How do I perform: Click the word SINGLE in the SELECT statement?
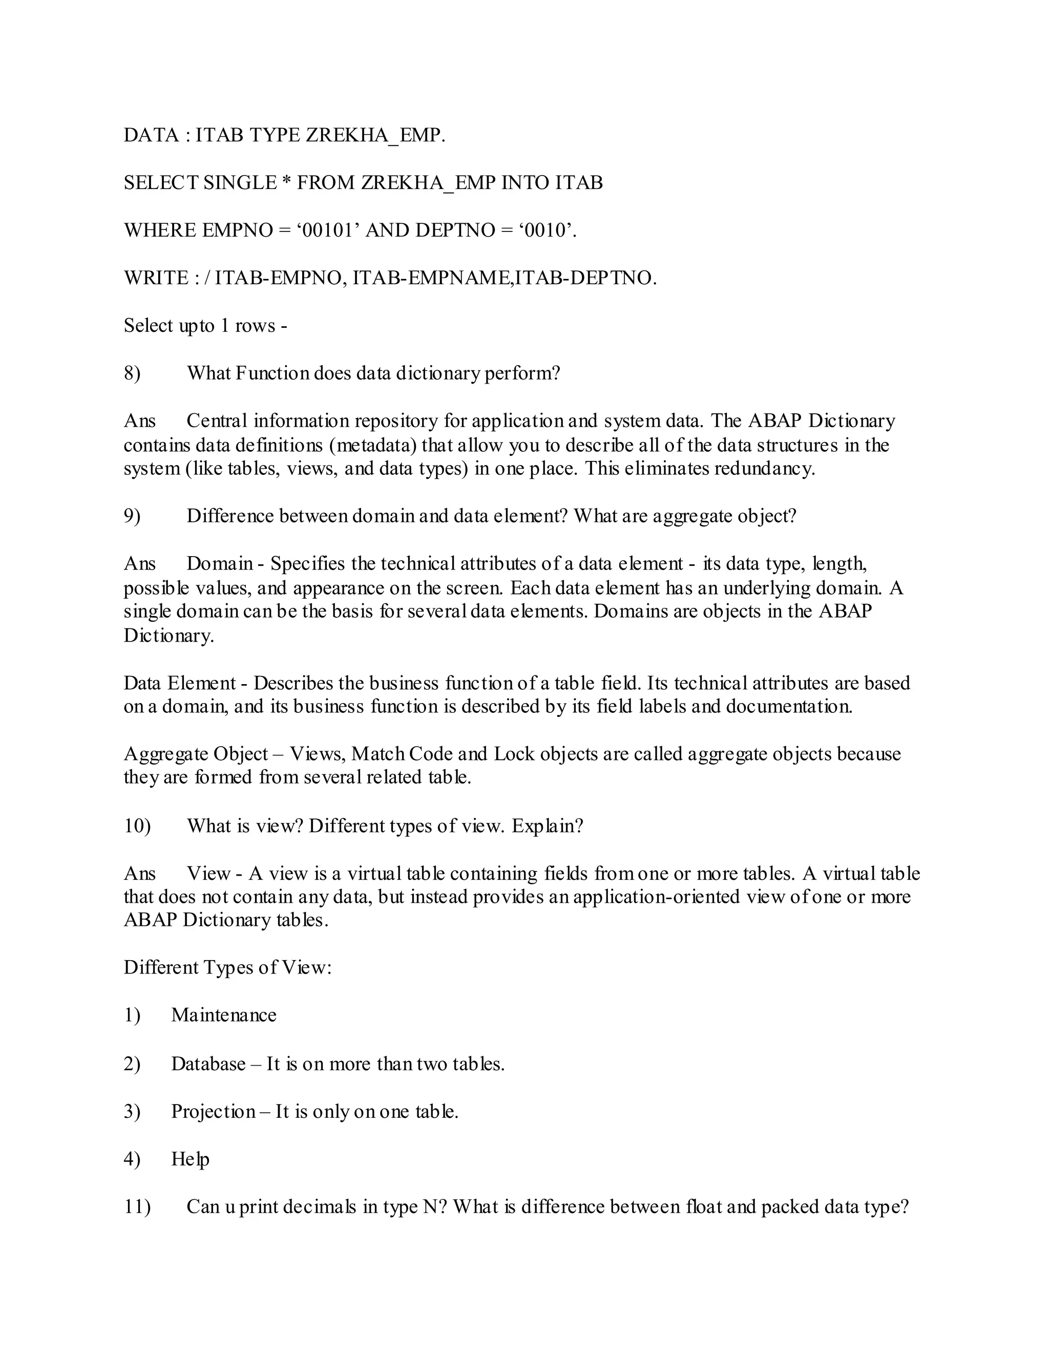pos(240,183)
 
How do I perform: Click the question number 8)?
pos(132,373)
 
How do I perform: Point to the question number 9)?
pos(132,516)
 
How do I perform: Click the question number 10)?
pos(137,826)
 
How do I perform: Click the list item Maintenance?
pos(224,1015)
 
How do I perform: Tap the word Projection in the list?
pos(213,1112)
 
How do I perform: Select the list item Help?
pos(190,1159)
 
